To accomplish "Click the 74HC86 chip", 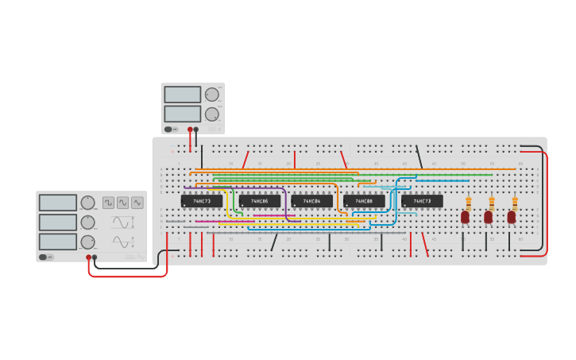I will (259, 201).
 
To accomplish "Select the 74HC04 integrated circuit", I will (311, 201).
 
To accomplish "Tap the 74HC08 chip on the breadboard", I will (364, 201).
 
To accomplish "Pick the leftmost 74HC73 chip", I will (201, 201).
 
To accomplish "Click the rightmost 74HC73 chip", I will (422, 201).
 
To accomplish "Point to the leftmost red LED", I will (466, 217).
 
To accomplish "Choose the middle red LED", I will (489, 217).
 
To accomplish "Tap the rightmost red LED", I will (512, 217).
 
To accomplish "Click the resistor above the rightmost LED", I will (515, 203).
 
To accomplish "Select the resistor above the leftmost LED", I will (469, 203).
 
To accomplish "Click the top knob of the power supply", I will (211, 95).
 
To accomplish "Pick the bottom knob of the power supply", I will (211, 114).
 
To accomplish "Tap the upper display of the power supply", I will (183, 95).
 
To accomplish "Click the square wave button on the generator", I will (108, 202).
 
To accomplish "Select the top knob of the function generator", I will (87, 203).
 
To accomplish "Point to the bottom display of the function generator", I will (58, 241).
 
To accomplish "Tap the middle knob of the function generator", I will (87, 223).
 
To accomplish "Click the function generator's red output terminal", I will (88, 257).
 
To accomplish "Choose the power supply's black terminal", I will (196, 129).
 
